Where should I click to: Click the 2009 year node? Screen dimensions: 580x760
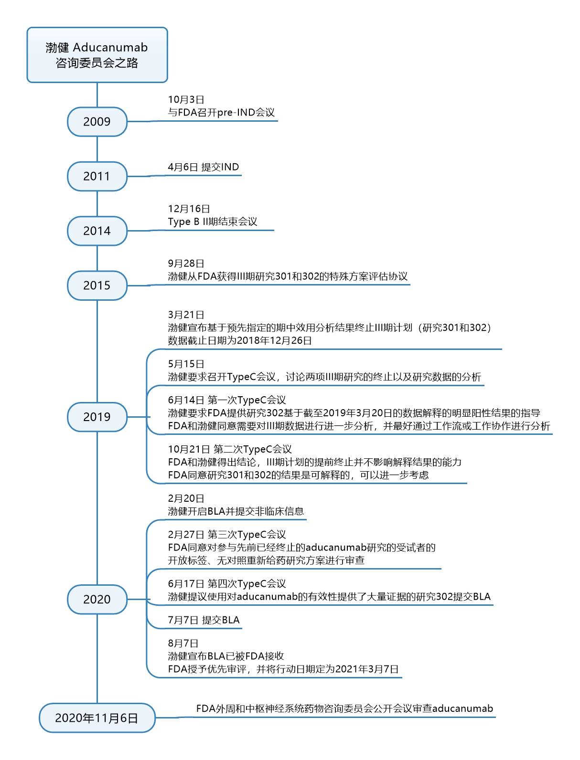(97, 122)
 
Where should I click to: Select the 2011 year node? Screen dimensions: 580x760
(97, 176)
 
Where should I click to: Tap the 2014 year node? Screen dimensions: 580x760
(97, 231)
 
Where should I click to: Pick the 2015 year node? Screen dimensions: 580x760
(97, 285)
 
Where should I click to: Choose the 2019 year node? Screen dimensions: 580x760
(97, 417)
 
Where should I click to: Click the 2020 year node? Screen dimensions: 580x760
(97, 599)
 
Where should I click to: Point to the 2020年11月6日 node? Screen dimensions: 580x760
(97, 718)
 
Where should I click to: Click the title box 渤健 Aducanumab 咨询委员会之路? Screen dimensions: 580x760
(97, 55)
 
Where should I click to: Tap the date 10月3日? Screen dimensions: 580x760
(186, 100)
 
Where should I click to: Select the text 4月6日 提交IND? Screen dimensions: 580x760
(204, 167)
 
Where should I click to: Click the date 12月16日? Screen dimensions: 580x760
(189, 209)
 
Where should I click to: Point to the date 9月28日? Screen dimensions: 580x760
(186, 264)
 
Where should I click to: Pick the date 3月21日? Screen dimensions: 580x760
(186, 315)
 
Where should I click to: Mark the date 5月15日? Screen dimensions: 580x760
(186, 364)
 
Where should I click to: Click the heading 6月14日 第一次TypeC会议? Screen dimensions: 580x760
(227, 400)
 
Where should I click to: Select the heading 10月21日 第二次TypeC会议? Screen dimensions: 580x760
(230, 449)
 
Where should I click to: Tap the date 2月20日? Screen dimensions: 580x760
(186, 498)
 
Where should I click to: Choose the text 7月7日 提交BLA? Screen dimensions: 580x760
(204, 620)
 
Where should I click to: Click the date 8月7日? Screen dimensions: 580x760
(183, 644)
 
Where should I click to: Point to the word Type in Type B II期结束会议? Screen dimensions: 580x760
(179, 222)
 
